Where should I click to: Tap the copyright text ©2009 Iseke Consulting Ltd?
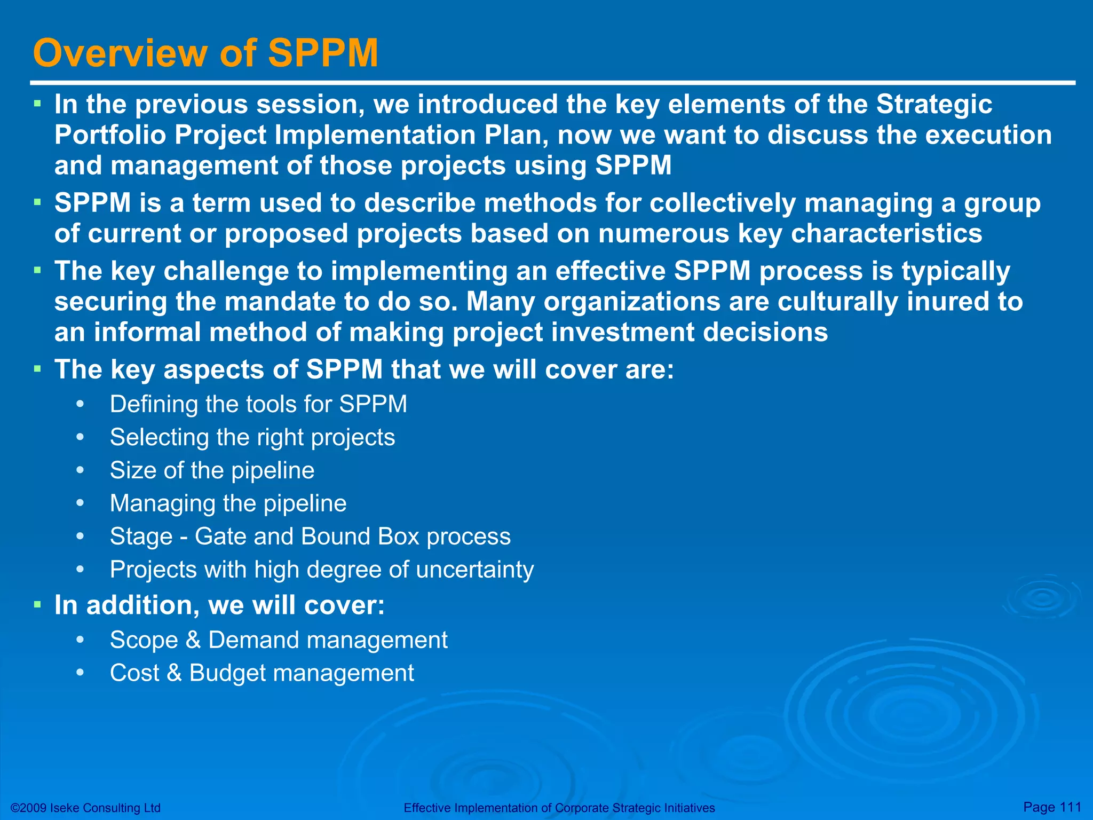[85, 808]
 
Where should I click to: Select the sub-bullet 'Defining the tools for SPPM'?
[258, 404]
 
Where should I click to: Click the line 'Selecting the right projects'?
[252, 437]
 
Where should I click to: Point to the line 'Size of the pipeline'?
[212, 470]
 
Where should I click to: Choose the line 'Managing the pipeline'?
[228, 503]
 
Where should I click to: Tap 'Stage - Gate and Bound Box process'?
[310, 537]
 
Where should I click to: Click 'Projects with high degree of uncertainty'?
[321, 570]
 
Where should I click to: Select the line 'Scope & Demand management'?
[279, 640]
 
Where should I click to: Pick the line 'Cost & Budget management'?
[262, 673]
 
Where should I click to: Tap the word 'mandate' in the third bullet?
[280, 302]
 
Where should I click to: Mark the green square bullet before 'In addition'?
[37, 605]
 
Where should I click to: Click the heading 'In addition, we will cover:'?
[219, 605]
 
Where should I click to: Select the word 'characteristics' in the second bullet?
[886, 234]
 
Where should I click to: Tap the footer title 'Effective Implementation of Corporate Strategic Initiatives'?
[559, 808]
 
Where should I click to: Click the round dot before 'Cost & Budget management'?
[80, 673]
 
